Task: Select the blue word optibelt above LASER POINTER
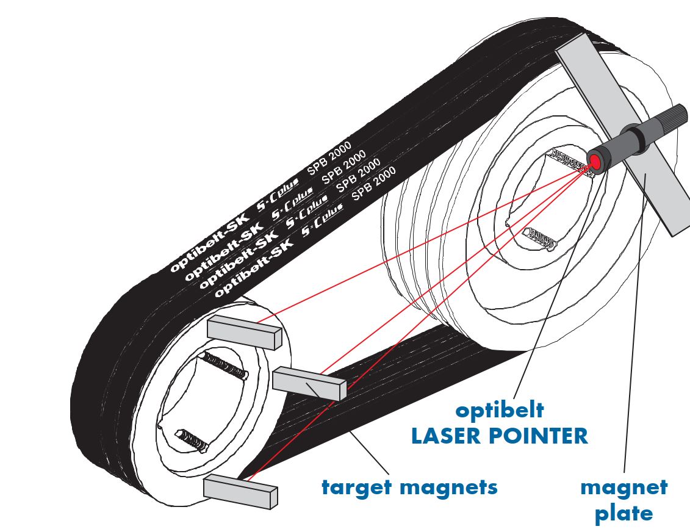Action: click(500, 411)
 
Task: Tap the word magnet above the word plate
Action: click(624, 488)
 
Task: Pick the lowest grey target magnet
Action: click(240, 491)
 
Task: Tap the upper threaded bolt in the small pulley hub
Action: click(223, 365)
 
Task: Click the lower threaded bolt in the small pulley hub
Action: click(192, 440)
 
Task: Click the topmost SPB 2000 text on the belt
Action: click(329, 157)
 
